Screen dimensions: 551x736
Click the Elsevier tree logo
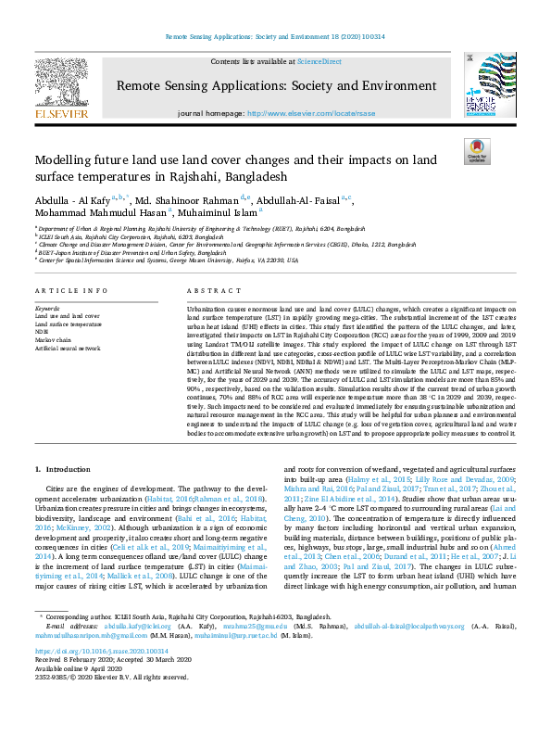click(62, 82)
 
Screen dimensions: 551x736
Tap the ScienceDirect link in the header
click(319, 60)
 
